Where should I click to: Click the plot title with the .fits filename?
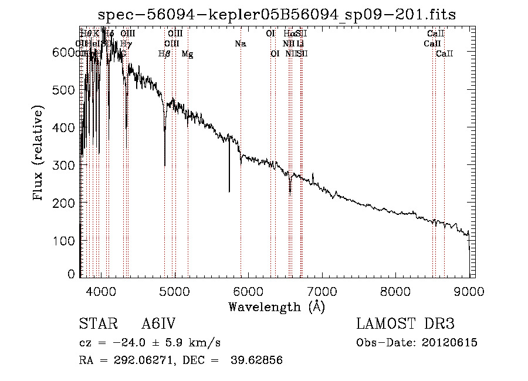coord(277,14)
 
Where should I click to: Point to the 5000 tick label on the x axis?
coord(175,290)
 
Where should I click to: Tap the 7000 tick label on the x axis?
coord(322,290)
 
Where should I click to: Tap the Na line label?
coord(240,43)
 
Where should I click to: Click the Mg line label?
coord(187,53)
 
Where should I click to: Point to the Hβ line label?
coord(164,53)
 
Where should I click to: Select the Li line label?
coord(300,43)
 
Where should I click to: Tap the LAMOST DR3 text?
coord(405,324)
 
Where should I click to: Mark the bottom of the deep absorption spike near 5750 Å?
coord(229,191)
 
